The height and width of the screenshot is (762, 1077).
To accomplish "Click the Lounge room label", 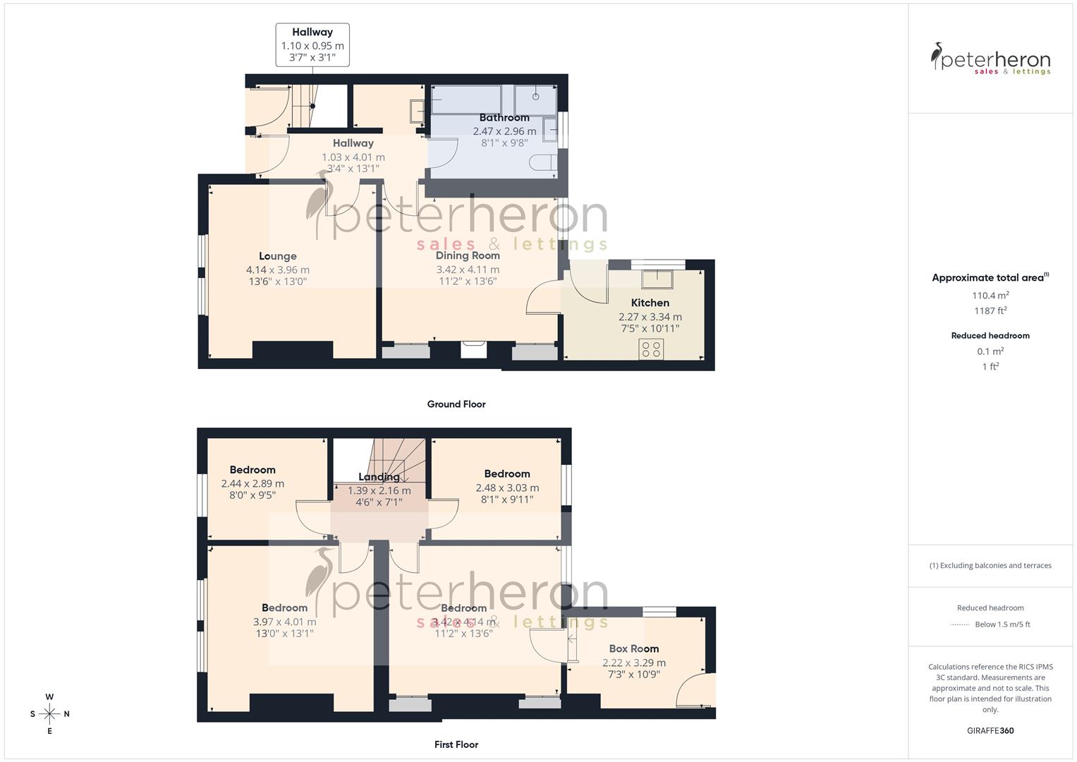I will [277, 256].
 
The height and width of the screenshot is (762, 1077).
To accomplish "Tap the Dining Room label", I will [468, 255].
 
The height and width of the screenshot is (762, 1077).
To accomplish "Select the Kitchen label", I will [650, 303].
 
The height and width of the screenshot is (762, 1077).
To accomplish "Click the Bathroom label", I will [504, 118].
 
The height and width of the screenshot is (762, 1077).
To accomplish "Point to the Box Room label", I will [633, 648].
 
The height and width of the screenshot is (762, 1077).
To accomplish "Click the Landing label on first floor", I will [379, 477].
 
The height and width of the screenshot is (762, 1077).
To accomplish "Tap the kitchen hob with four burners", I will [651, 349].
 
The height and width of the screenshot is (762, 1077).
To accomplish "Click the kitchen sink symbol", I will [657, 279].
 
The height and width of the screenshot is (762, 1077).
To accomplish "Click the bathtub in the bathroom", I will [466, 100].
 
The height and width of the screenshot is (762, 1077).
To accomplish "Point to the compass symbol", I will [49, 714].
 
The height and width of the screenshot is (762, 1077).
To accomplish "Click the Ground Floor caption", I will [456, 404].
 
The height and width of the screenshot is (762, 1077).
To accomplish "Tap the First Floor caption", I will [456, 744].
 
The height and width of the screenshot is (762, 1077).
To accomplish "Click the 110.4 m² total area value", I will [990, 296].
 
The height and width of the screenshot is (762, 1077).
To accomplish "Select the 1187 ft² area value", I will [990, 311].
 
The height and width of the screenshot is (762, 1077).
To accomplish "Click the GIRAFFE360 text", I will [990, 731].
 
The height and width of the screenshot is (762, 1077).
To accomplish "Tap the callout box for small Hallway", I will [312, 44].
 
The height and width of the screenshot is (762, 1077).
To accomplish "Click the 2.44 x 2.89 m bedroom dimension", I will [252, 484].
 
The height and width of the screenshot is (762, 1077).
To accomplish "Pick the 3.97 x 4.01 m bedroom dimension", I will [284, 622].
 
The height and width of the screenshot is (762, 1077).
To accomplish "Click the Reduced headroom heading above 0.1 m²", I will [990, 336].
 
